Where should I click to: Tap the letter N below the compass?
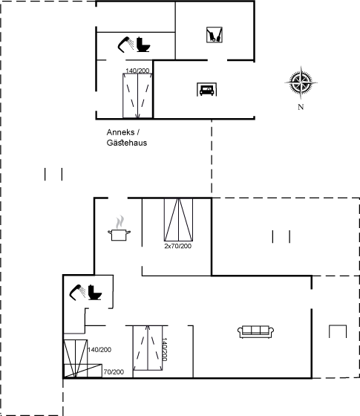[301, 107]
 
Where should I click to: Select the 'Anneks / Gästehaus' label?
[127, 137]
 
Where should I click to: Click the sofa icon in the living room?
[256, 332]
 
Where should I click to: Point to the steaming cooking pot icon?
[120, 229]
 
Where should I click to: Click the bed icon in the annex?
[207, 90]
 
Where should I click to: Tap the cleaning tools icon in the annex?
[215, 35]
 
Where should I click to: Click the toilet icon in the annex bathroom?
[143, 45]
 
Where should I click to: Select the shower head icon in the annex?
[125, 45]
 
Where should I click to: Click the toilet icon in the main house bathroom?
[95, 293]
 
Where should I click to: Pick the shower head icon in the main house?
[77, 293]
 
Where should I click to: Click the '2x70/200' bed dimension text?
[178, 246]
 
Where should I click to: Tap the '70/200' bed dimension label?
[114, 372]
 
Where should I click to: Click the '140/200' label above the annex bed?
[137, 71]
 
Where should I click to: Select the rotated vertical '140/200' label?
[164, 349]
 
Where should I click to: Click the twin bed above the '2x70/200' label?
[178, 220]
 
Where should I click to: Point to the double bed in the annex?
[137, 96]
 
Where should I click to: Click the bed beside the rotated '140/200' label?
[148, 348]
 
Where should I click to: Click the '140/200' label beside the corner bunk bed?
[99, 350]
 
